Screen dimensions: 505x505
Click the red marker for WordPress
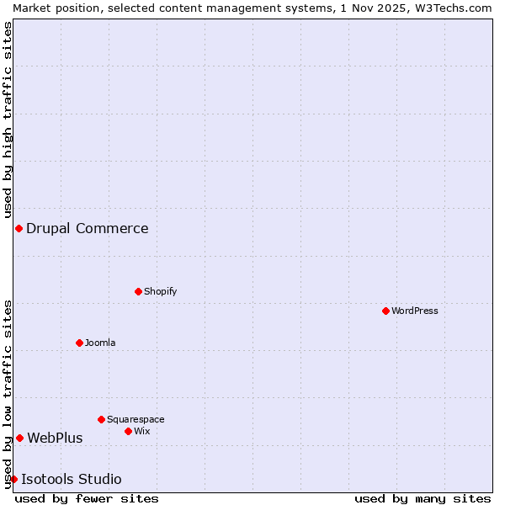tap(385, 311)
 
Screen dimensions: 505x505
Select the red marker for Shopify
tap(138, 291)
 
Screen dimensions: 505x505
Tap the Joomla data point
tap(79, 343)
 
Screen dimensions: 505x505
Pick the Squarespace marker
tap(101, 419)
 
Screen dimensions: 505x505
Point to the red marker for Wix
tap(128, 431)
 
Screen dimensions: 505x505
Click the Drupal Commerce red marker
tap(19, 229)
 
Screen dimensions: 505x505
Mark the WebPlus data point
tap(19, 438)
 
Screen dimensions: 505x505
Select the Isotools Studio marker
tap(13, 480)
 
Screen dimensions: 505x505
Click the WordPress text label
tap(415, 311)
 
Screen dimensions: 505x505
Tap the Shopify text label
tap(161, 291)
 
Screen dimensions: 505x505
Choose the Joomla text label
tap(100, 343)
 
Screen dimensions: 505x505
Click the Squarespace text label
tap(136, 419)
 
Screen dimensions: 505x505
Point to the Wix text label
tap(142, 431)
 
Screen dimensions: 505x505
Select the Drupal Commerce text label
tap(88, 228)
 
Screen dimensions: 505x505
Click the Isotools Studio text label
tap(72, 480)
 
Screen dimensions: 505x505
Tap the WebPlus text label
tap(55, 438)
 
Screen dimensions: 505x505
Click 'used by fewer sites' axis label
tap(87, 498)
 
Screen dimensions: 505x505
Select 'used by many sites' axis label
tap(423, 498)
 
